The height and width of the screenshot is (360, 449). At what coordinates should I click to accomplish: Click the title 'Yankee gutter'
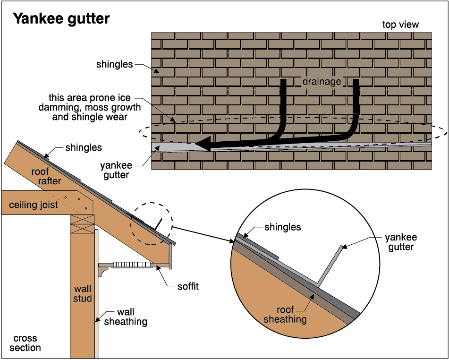(x=61, y=18)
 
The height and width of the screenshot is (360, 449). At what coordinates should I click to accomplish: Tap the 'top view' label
(x=400, y=25)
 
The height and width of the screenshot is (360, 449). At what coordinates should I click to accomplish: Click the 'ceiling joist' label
(x=33, y=205)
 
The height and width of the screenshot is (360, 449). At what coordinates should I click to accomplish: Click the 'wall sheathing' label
(x=125, y=317)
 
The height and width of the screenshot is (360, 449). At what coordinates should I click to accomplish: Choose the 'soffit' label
(x=187, y=286)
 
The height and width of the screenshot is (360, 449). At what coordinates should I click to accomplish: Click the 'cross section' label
(x=25, y=343)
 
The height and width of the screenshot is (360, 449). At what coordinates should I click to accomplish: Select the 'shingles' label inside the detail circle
(x=283, y=227)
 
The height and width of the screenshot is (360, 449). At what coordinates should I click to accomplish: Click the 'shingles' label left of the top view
(x=114, y=64)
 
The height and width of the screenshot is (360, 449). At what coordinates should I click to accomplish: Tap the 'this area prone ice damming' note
(x=90, y=107)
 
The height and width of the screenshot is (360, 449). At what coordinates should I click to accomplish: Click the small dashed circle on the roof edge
(x=152, y=224)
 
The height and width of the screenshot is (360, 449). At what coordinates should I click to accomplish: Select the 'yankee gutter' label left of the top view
(x=115, y=170)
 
